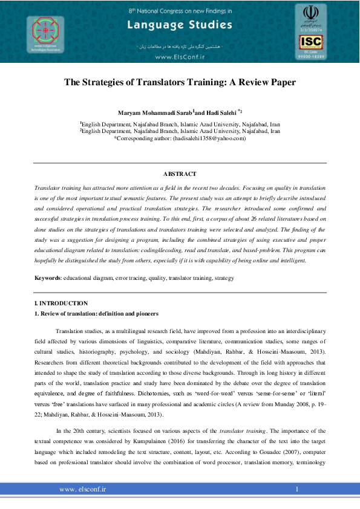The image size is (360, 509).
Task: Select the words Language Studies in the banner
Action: (x=180, y=25)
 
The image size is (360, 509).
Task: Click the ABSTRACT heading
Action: (x=180, y=173)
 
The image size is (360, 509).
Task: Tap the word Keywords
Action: (x=47, y=277)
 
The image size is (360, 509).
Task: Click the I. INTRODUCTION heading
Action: (x=61, y=303)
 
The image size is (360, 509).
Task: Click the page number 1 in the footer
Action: (x=297, y=488)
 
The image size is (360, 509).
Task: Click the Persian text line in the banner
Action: (x=180, y=47)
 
